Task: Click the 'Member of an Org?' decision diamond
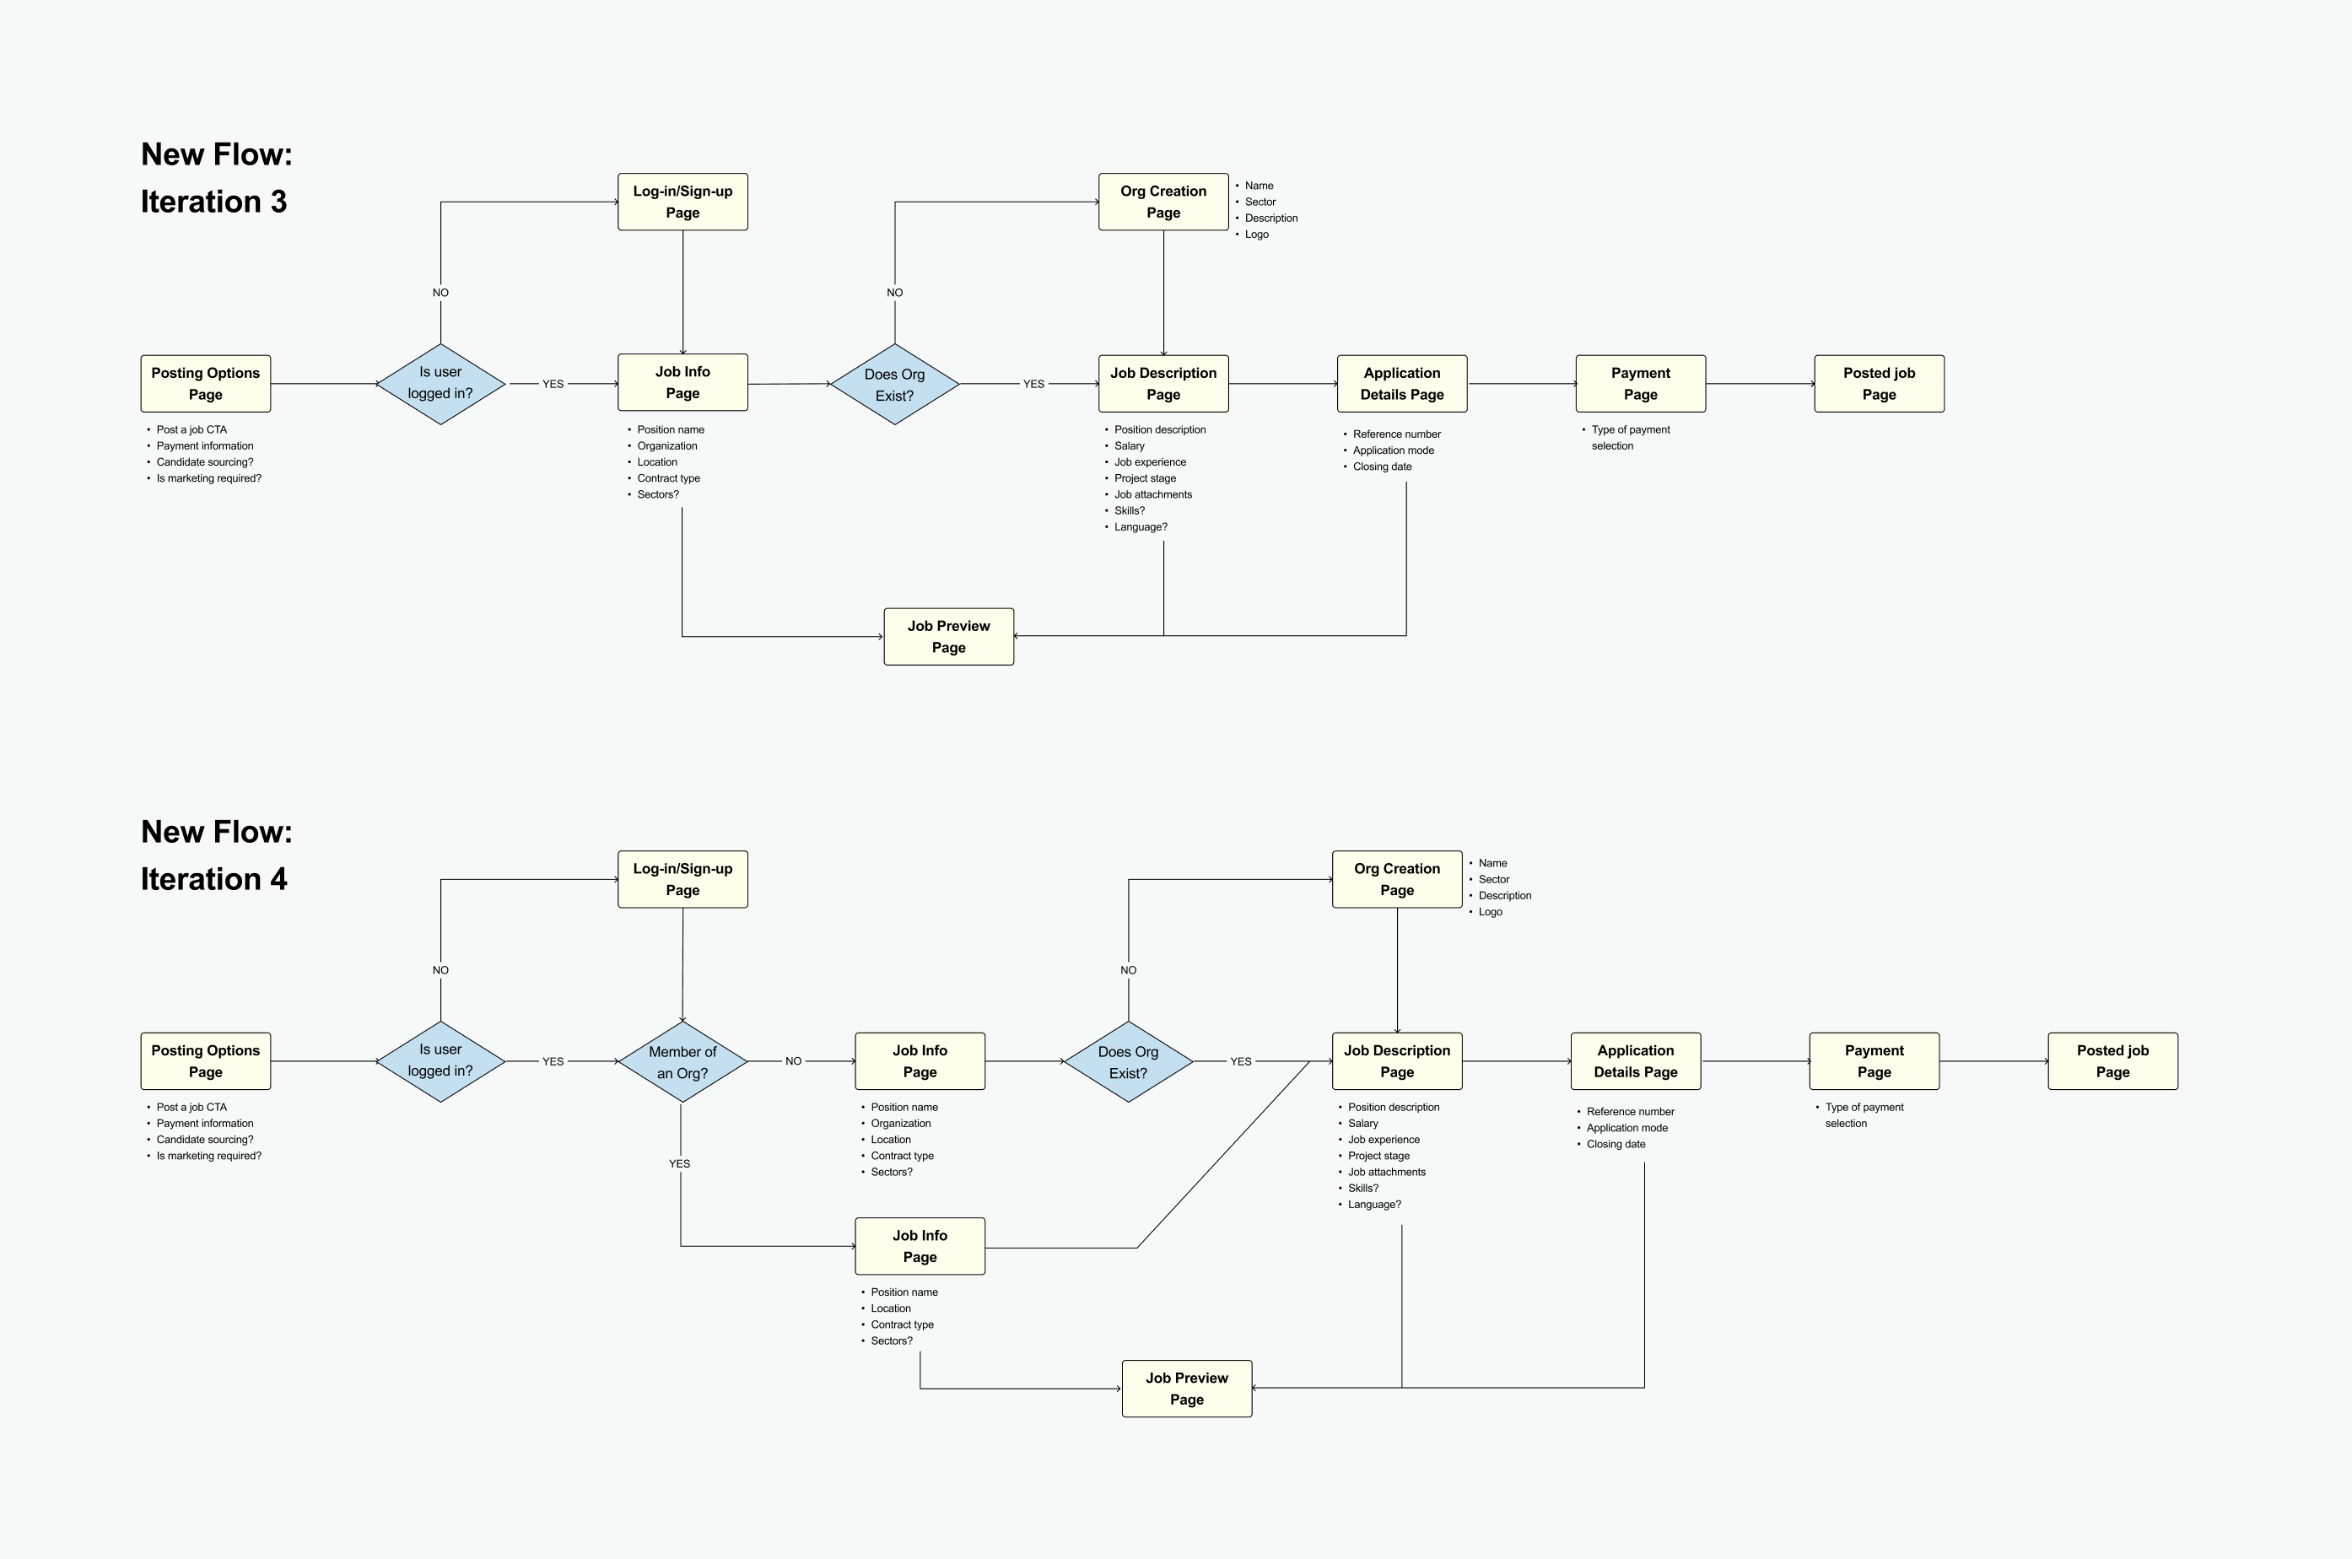[682, 1062]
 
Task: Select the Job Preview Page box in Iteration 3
[948, 636]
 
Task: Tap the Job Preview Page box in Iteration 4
[1186, 1388]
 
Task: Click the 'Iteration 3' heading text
[213, 202]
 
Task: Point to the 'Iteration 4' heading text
[213, 879]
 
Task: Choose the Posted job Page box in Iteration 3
[1878, 384]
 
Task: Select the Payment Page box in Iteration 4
[1873, 1061]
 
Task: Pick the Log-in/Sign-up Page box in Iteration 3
[682, 202]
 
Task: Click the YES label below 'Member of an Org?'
[679, 1163]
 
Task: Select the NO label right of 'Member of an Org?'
[792, 1061]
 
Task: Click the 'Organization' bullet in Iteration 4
[901, 1124]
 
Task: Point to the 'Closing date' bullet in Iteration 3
[1382, 467]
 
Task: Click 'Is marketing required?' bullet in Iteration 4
[208, 1156]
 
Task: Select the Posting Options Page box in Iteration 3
[205, 384]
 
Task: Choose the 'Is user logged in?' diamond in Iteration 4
[440, 1061]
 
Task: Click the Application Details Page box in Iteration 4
[1634, 1061]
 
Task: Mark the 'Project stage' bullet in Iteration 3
[1144, 478]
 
